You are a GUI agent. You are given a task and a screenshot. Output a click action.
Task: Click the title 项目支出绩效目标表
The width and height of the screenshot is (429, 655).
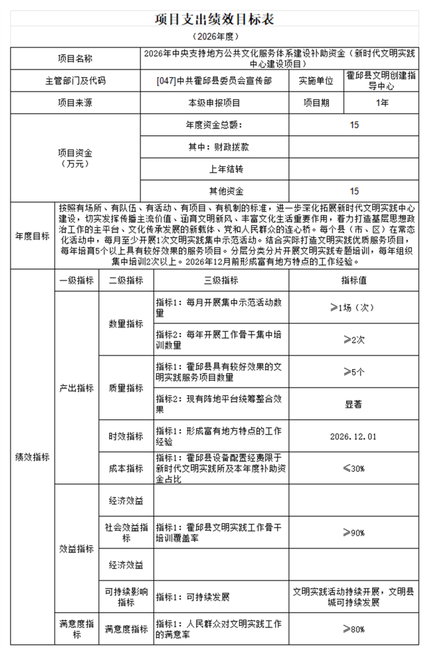click(x=214, y=18)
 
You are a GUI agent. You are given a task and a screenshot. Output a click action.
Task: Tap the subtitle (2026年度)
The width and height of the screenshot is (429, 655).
click(x=214, y=36)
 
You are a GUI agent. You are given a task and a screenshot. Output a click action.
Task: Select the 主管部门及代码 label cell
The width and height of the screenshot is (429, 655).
click(x=75, y=81)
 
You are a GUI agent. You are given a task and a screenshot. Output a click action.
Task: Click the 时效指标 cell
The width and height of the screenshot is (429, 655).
click(x=126, y=436)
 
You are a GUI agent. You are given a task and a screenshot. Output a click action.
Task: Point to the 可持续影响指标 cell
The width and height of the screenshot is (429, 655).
click(x=126, y=597)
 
